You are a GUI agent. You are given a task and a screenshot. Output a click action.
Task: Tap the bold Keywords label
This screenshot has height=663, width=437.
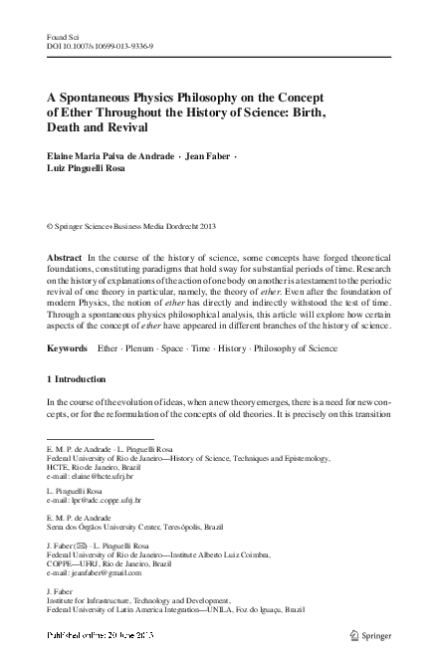coord(69,349)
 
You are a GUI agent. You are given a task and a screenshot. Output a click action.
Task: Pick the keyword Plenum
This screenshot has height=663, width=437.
coord(148,349)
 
